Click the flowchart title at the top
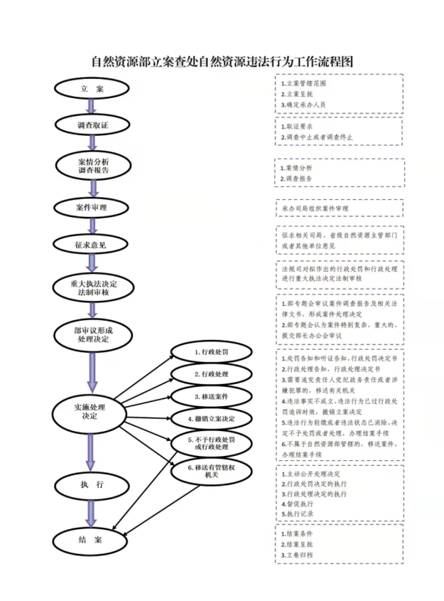coord(222,63)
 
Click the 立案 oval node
coord(92,89)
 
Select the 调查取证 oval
coord(92,124)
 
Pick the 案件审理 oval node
coord(92,208)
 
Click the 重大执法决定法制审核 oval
coord(92,288)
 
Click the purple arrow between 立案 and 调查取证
coord(92,107)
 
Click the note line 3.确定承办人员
coord(303,105)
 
